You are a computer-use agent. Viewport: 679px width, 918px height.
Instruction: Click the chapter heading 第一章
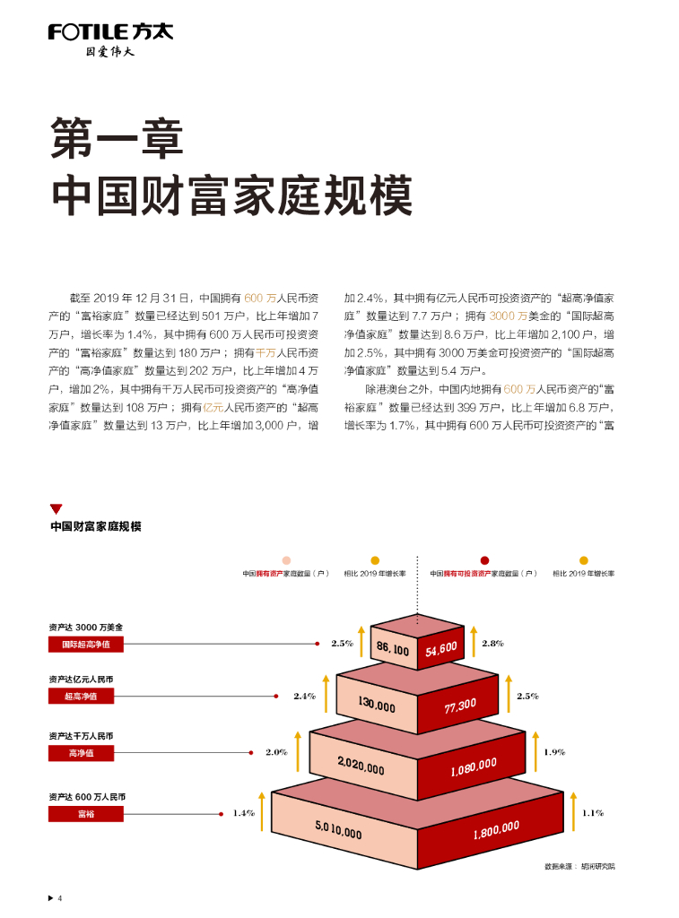pyautogui.click(x=118, y=137)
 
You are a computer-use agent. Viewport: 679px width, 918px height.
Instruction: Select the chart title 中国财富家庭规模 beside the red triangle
pyautogui.click(x=96, y=526)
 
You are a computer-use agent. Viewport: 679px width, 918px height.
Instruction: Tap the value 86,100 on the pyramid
pyautogui.click(x=393, y=648)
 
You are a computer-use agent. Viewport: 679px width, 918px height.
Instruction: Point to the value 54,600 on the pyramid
pyautogui.click(x=441, y=647)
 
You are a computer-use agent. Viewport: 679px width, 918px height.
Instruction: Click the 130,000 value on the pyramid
pyautogui.click(x=377, y=706)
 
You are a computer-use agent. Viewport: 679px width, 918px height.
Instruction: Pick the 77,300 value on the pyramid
pyautogui.click(x=460, y=706)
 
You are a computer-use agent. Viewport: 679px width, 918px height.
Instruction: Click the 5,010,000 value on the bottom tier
pyautogui.click(x=338, y=830)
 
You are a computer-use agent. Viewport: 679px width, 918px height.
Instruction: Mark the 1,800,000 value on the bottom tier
pyautogui.click(x=495, y=830)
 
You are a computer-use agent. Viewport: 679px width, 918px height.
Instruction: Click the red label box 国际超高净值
pyautogui.click(x=86, y=644)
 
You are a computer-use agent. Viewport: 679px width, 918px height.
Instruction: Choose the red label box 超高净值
pyautogui.click(x=81, y=696)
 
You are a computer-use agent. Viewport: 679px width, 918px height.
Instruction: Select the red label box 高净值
pyautogui.click(x=81, y=753)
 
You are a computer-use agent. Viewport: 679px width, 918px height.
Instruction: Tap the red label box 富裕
pyautogui.click(x=81, y=814)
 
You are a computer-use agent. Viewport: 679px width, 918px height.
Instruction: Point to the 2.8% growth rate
pyautogui.click(x=492, y=643)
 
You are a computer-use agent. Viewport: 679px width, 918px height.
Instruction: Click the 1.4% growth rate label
pyautogui.click(x=244, y=813)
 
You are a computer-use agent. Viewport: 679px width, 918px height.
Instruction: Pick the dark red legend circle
pyautogui.click(x=484, y=560)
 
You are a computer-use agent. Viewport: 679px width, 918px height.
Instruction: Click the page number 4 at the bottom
pyautogui.click(x=59, y=898)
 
